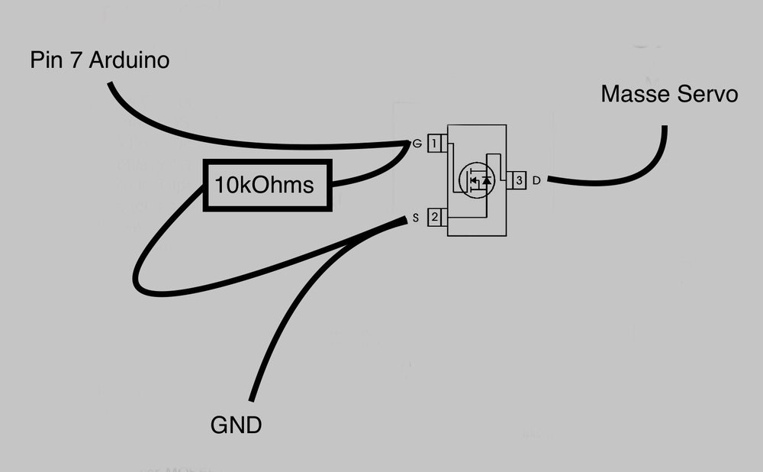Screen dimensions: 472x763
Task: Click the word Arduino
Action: click(129, 60)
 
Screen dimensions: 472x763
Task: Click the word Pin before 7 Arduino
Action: click(47, 60)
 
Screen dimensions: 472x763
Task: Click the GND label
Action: click(236, 425)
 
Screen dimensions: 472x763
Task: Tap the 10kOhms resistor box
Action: click(268, 186)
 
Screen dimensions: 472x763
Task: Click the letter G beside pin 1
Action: click(417, 143)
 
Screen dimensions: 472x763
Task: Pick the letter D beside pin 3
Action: click(536, 180)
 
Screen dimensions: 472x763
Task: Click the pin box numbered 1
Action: click(435, 143)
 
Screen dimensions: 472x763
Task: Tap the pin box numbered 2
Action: click(435, 218)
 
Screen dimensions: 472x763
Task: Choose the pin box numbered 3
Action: click(518, 180)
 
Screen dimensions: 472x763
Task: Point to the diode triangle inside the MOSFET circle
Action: click(487, 181)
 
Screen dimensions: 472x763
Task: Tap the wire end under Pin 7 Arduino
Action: click(111, 84)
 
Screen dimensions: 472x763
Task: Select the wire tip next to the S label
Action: click(404, 220)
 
